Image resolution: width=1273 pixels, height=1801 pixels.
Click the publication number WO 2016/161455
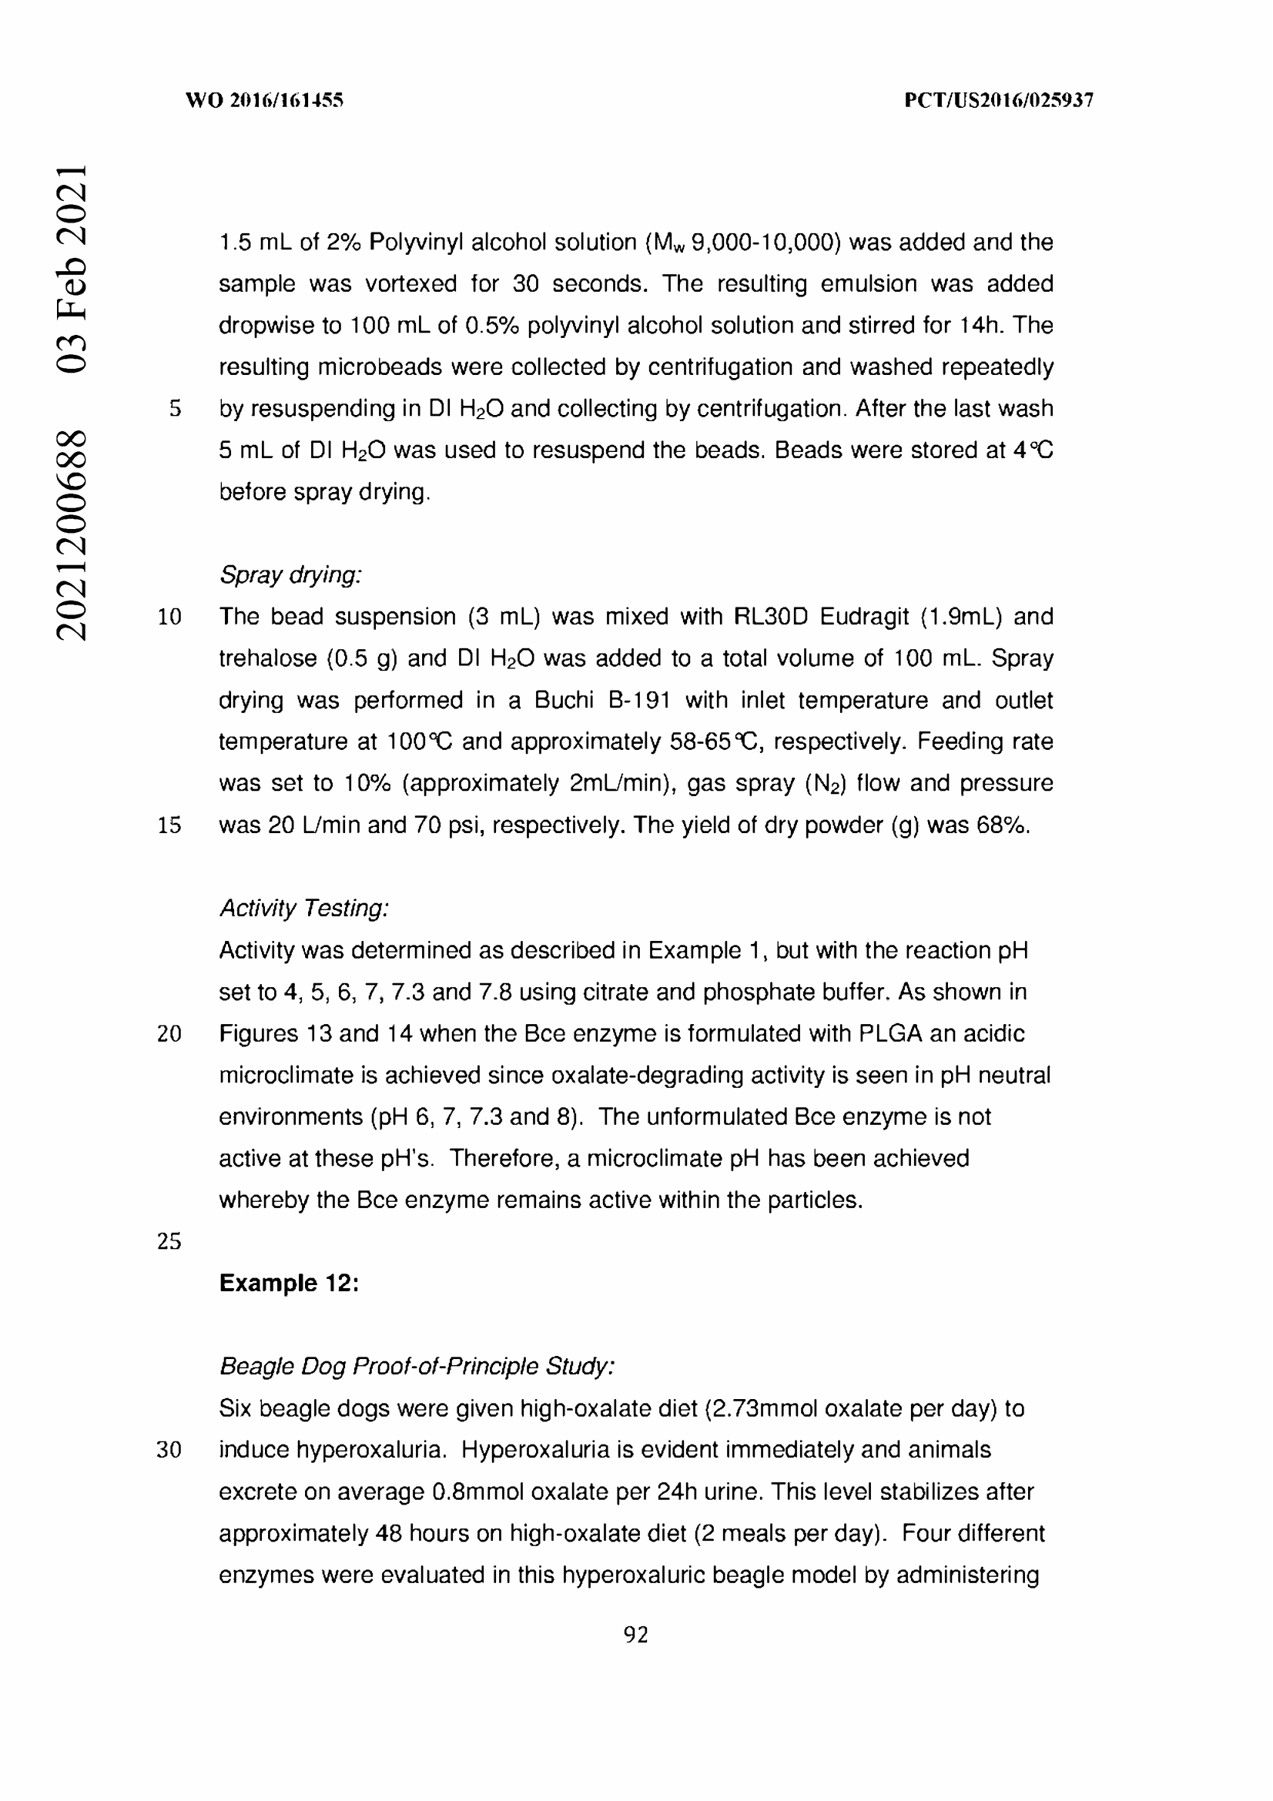264,100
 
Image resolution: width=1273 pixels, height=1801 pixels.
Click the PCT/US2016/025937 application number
999,100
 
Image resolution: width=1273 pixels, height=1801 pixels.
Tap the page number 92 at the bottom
635,1635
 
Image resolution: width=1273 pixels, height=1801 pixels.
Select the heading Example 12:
289,1284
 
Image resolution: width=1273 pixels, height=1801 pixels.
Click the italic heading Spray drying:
290,575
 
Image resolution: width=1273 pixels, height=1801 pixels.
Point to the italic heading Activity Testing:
303,909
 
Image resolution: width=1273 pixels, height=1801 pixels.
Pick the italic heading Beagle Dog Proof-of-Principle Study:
417,1367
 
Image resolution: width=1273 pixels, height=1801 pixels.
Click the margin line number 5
175,409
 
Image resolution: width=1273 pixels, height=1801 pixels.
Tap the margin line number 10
169,618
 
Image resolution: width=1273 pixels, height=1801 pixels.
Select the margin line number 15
169,825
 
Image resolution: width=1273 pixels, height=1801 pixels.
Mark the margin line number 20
169,1034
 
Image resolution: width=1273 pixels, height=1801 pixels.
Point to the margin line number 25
169,1242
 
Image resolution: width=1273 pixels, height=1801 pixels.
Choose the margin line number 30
169,1450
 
